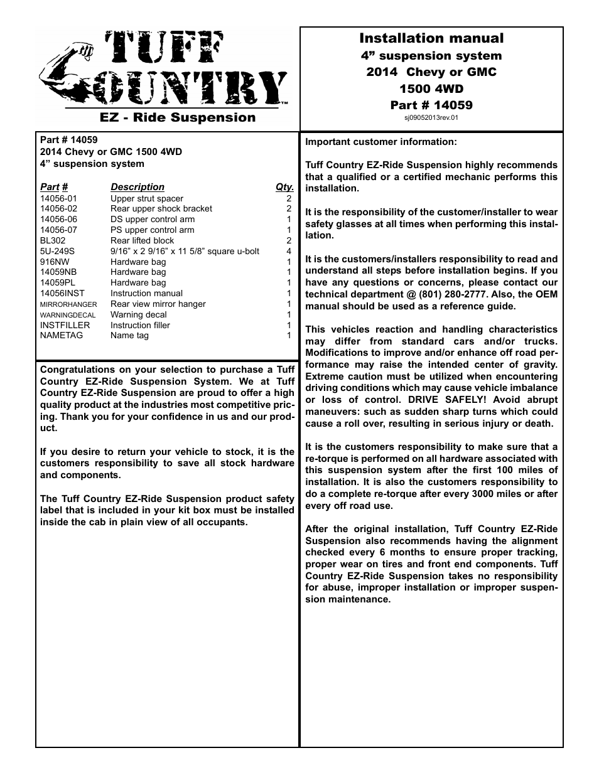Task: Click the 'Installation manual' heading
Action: coord(431,38)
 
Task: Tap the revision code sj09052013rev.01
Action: coord(431,117)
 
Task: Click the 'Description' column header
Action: coord(137,187)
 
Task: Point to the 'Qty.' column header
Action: coord(284,187)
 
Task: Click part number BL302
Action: coord(53,240)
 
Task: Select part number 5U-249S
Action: coord(57,251)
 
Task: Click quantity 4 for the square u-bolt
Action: coord(289,251)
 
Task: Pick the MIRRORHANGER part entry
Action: coord(68,304)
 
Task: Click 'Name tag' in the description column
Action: coord(129,335)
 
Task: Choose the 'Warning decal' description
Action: coord(138,314)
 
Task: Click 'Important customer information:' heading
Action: coord(380,142)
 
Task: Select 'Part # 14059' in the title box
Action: coord(431,105)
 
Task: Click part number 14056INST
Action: coord(62,293)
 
